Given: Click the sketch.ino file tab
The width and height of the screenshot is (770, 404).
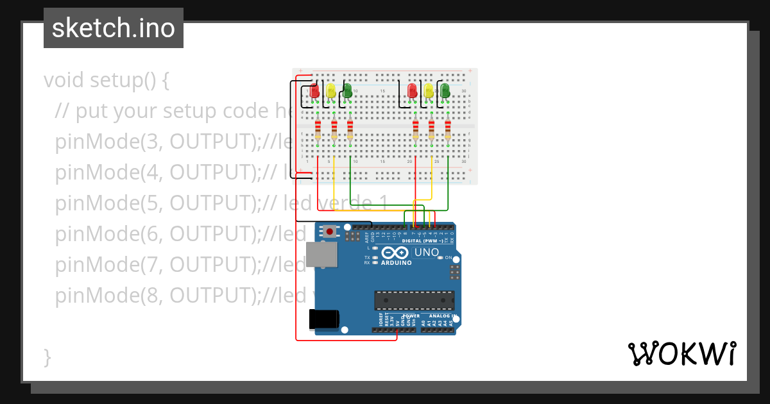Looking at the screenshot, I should (114, 28).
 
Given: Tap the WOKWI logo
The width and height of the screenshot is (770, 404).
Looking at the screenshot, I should (681, 353).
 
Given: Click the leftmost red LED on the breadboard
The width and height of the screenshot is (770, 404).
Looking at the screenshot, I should (315, 91).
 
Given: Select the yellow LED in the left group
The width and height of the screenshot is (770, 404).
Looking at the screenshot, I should (331, 91).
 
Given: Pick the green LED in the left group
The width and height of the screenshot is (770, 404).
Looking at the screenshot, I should (347, 91).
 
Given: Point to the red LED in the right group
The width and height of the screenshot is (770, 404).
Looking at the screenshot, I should (413, 91).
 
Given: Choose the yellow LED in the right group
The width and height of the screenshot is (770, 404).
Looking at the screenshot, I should (429, 91).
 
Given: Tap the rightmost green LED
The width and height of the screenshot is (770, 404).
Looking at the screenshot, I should (445, 91).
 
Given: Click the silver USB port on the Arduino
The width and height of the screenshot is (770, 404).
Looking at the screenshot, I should (319, 255).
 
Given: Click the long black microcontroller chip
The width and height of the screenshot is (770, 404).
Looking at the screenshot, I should (415, 300).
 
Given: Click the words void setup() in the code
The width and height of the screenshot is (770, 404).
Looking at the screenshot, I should (106, 81).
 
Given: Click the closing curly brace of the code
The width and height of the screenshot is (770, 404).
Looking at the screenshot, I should (47, 357).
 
